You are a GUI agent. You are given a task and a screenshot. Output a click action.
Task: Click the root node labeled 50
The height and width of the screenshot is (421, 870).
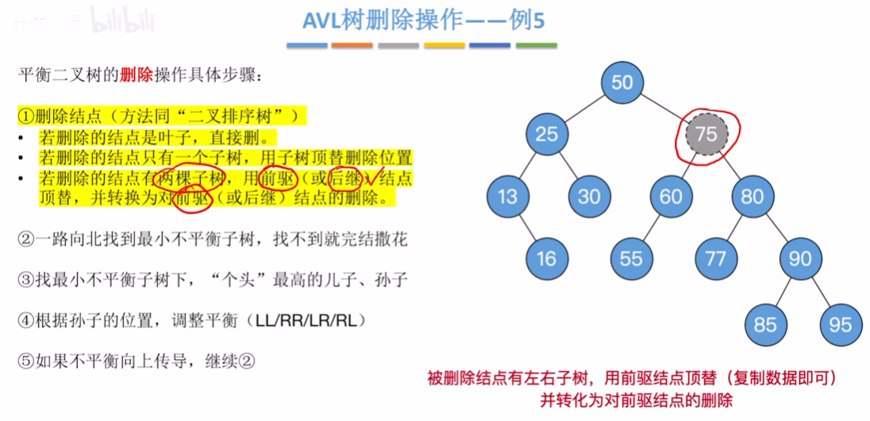pos(623,83)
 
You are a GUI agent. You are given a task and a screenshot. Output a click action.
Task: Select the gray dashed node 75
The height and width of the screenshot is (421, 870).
pos(706,135)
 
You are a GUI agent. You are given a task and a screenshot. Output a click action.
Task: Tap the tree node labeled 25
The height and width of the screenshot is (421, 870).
pos(547,134)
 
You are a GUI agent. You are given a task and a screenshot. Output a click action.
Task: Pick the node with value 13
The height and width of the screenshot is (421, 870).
pos(507,195)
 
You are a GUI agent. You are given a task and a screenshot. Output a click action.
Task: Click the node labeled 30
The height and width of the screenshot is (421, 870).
pos(589,195)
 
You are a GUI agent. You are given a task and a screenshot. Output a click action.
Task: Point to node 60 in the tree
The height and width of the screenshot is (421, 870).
pos(672,195)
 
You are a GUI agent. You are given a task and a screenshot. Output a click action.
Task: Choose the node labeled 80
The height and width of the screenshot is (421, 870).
pos(752,195)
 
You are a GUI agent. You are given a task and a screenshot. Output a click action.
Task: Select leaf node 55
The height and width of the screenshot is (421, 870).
pos(631,258)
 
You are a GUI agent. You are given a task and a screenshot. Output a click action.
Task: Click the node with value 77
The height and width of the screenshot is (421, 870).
pos(716,258)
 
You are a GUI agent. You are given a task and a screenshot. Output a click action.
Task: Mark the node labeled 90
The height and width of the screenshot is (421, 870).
pos(800,258)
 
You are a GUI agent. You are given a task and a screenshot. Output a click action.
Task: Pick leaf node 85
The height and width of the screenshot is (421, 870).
pos(765,324)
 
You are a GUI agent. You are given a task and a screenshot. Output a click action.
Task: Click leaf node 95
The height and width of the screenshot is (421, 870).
pos(840,324)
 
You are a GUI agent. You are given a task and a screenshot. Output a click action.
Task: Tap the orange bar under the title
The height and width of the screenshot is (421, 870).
pos(352,46)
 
